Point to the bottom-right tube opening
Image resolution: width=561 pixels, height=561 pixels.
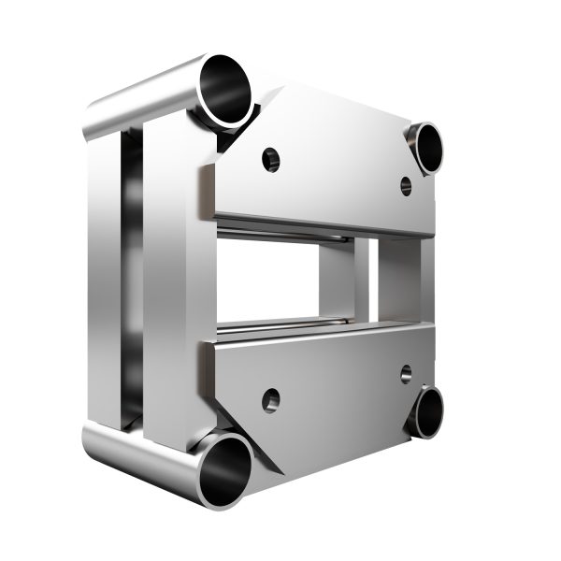(x=432, y=411)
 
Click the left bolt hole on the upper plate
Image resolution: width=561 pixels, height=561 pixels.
(x=271, y=158)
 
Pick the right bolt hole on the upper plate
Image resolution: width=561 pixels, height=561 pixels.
(x=407, y=185)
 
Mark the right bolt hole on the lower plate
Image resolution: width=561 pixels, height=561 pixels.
(x=407, y=373)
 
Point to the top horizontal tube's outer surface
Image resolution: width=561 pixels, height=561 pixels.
(x=140, y=93)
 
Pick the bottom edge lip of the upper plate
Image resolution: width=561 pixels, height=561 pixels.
(x=318, y=224)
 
